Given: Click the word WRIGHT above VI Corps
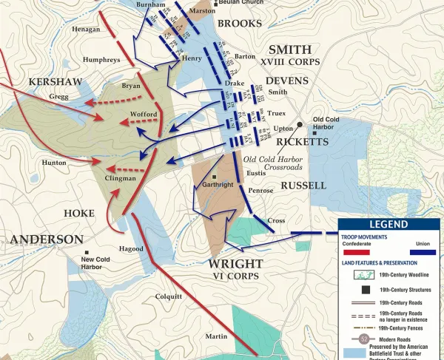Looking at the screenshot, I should pyautogui.click(x=236, y=263).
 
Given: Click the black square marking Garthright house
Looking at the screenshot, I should pyautogui.click(x=215, y=177).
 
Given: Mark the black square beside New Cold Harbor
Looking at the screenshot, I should pyautogui.click(x=87, y=252).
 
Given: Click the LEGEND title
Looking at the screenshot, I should pyautogui.click(x=390, y=224).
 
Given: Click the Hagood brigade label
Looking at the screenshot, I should pyautogui.click(x=130, y=248).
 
